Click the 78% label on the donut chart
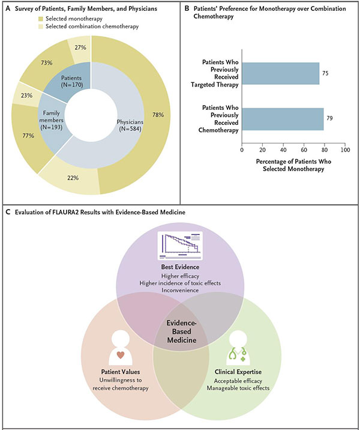[x=158, y=115]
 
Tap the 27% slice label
[x=80, y=47]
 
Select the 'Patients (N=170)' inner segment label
[x=72, y=82]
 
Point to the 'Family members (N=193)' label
[x=51, y=120]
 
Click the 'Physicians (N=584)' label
[x=130, y=126]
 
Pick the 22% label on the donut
[x=73, y=178]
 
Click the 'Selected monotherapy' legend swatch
[x=41, y=19]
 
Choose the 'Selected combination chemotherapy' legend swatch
[x=41, y=26]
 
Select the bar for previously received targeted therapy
[x=281, y=73]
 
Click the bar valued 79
[x=283, y=119]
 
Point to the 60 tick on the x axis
[x=304, y=150]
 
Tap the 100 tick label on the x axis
[x=345, y=150]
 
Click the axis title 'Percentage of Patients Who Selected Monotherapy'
[x=293, y=165]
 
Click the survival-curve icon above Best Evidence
[x=180, y=246]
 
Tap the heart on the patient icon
[x=121, y=355]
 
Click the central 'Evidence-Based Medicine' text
[x=182, y=332]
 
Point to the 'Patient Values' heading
[x=121, y=372]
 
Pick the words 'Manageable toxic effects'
[x=238, y=388]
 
